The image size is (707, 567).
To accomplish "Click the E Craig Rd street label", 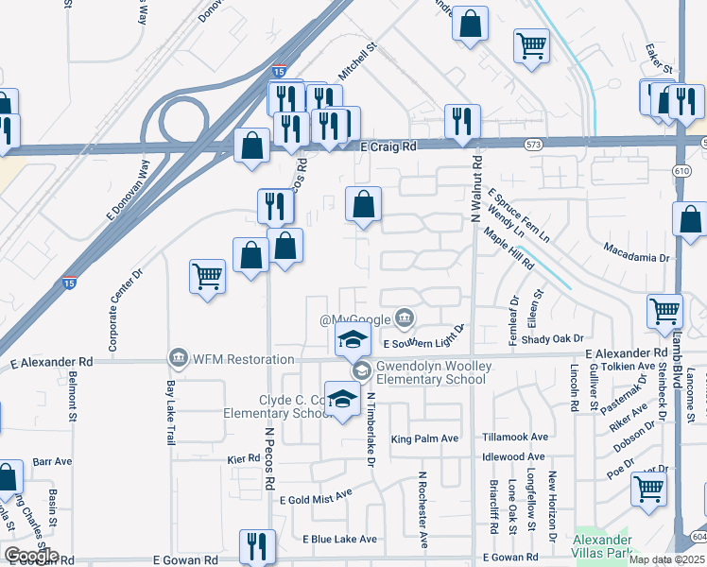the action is pos(389,147).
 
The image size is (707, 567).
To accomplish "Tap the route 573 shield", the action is pos(535,143).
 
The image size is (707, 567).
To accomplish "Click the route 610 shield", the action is pos(681,170).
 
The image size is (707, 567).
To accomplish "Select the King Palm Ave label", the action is pos(424,438).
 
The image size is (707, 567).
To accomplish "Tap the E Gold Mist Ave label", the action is pos(316,494).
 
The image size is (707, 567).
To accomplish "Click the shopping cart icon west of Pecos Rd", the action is pos(207,278).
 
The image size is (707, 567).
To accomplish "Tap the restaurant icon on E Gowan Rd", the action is pos(257,546).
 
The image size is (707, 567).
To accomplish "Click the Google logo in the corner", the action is pos(31,556).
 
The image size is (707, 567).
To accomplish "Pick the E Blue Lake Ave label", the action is pos(339,539).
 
